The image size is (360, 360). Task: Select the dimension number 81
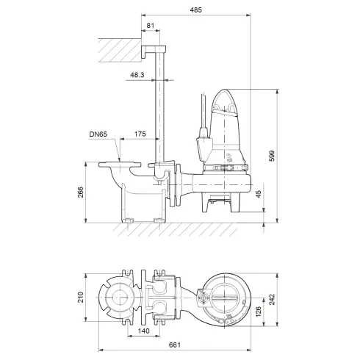click(x=150, y=26)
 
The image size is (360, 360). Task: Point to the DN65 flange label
click(x=98, y=134)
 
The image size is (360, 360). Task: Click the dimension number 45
click(x=258, y=195)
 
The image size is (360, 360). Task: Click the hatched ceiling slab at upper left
click(x=118, y=51)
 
